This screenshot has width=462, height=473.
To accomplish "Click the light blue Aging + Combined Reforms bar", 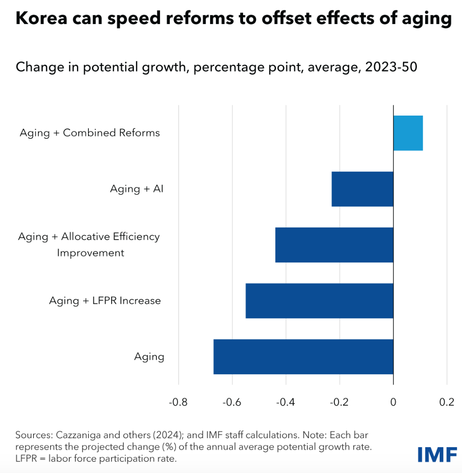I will (408, 133).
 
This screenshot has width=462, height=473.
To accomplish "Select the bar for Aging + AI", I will (362, 189).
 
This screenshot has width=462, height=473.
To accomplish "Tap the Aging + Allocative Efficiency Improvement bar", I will (334, 245).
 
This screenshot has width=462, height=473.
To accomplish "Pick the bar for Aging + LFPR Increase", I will (319, 301).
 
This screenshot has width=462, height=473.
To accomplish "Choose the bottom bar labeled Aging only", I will (303, 357).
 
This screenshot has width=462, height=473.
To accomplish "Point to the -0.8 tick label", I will (178, 402).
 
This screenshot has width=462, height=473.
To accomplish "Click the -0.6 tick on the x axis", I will (232, 402).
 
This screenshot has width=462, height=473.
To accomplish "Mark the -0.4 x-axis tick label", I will (286, 402).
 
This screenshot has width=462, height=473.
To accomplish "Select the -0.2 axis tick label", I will (340, 402).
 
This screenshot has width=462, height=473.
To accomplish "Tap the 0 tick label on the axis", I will (393, 402).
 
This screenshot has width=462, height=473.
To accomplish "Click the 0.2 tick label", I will (447, 402).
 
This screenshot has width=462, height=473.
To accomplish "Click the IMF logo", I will (437, 454).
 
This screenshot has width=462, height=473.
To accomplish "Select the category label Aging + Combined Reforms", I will (90, 133).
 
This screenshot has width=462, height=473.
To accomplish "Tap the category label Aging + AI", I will (137, 189).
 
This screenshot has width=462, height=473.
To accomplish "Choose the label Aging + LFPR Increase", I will (105, 301).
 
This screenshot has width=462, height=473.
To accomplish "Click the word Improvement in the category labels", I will (91, 253).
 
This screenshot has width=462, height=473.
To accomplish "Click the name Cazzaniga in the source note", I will (72, 435).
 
